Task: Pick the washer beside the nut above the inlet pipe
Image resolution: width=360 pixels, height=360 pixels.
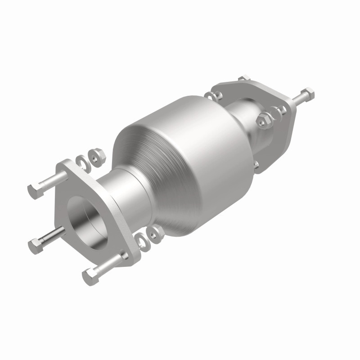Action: pyautogui.click(x=82, y=161)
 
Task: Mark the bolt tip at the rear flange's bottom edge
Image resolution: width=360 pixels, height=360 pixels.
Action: pyautogui.click(x=256, y=166)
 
